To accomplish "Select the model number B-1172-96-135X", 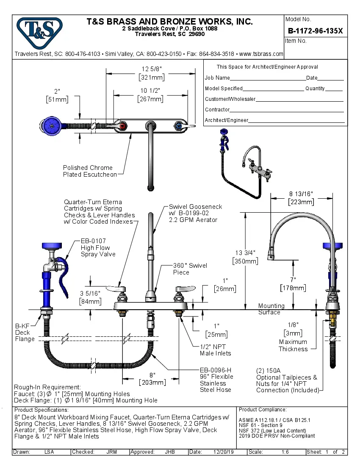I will click(315, 31).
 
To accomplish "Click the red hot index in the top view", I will click(123, 126).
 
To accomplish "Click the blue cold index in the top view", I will click(179, 126).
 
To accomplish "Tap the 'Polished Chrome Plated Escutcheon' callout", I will click(89, 171).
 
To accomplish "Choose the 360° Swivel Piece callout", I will click(190, 269).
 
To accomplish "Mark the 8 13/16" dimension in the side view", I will click(302, 197).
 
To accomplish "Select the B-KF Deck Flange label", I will click(25, 333).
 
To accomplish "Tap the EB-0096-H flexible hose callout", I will click(216, 380).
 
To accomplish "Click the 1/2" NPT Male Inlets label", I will click(215, 350).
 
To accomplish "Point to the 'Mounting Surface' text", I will click(271, 309).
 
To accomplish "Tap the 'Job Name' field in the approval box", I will click(217, 78).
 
